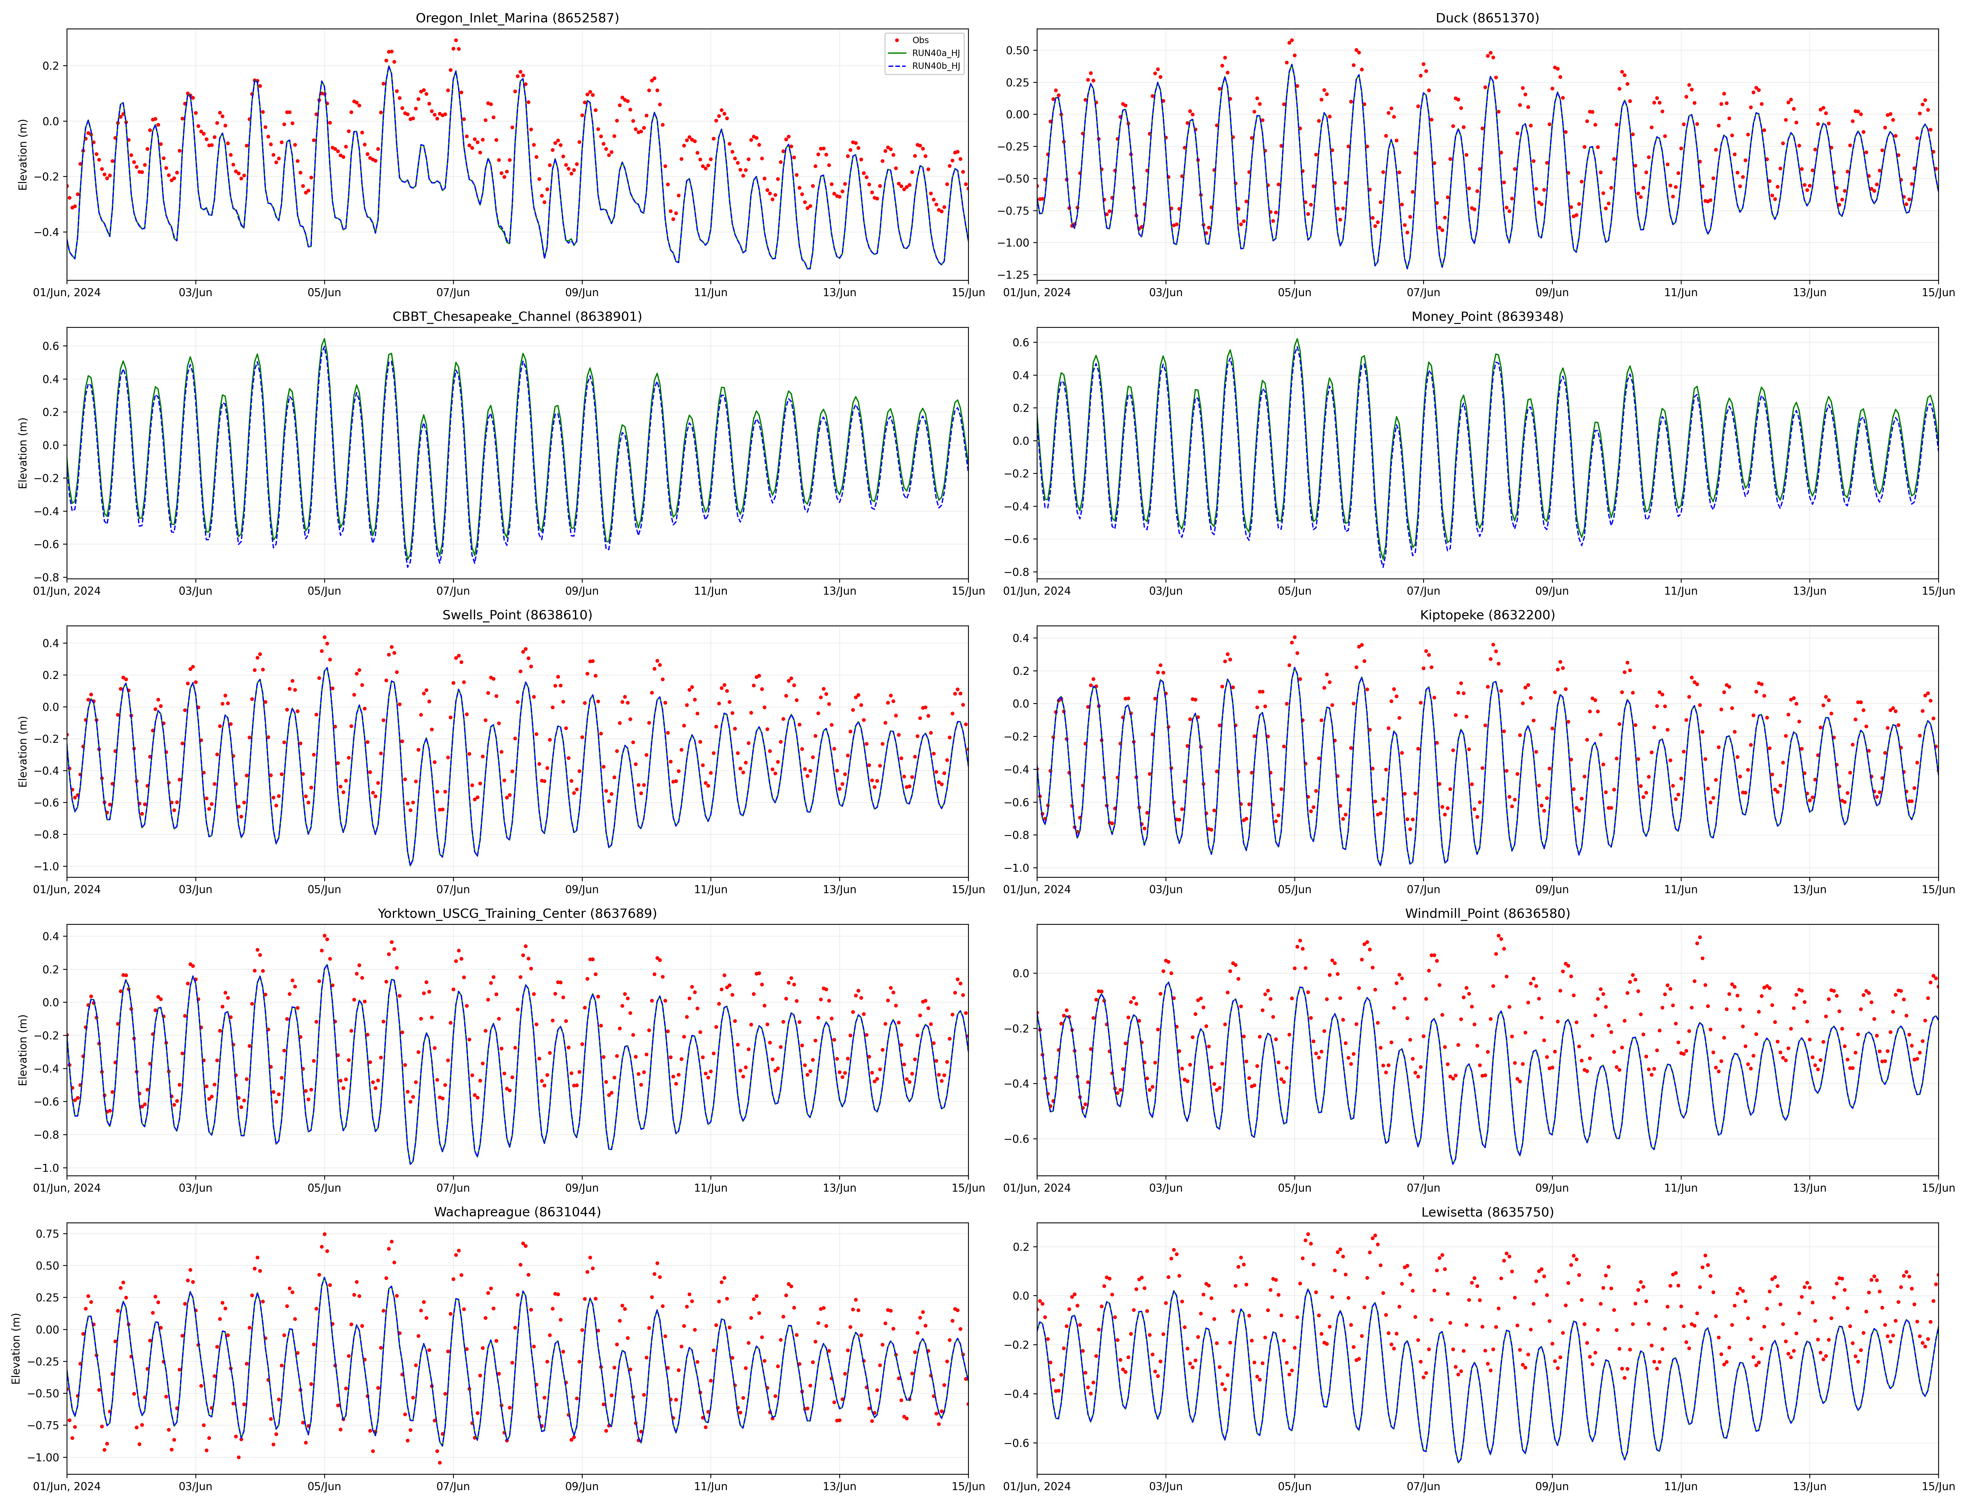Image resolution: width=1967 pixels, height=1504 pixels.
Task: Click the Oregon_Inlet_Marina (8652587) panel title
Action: (x=517, y=18)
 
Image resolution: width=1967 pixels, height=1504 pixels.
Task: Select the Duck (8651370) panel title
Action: (x=1487, y=18)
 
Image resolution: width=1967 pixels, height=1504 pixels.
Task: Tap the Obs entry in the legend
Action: (x=919, y=40)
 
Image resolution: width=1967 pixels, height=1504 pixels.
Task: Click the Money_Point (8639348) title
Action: (x=1487, y=316)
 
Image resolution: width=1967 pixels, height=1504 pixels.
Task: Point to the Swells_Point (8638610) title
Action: (x=517, y=615)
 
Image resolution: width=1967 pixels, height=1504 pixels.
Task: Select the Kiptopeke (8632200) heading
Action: (x=1487, y=615)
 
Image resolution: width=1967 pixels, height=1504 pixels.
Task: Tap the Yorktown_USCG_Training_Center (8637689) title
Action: (x=517, y=913)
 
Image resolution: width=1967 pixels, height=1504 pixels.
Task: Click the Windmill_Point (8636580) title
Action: (x=1487, y=913)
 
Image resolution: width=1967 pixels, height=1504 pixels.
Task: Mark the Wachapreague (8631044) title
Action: (x=517, y=1212)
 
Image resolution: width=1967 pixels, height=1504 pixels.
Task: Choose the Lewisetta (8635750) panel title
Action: (x=1487, y=1212)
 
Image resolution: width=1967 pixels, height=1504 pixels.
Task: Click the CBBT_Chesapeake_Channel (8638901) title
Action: (x=517, y=316)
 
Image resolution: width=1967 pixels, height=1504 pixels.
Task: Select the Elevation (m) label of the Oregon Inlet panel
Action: (x=23, y=154)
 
